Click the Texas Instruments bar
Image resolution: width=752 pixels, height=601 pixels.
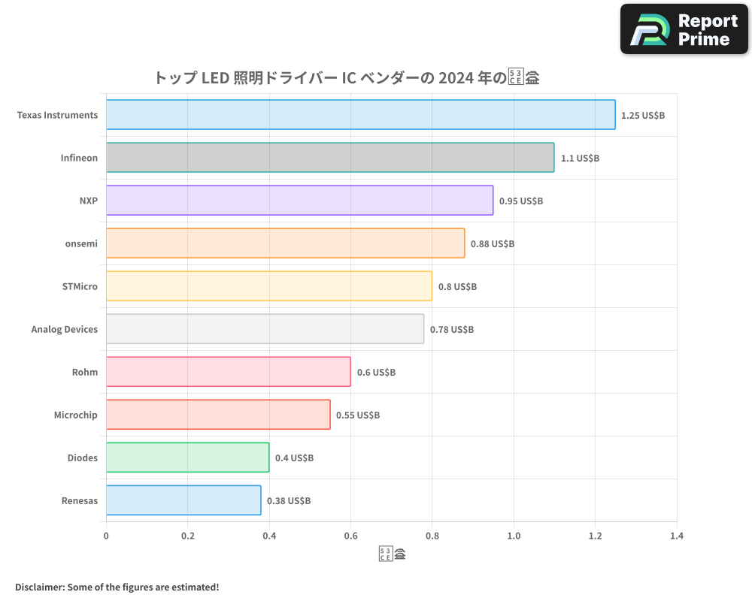(x=360, y=115)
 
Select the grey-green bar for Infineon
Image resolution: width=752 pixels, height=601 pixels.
(x=330, y=158)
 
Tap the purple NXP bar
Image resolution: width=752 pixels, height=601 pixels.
(x=299, y=201)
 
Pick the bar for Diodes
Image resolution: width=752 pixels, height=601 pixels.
(x=187, y=458)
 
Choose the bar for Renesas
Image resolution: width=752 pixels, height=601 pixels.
(x=183, y=500)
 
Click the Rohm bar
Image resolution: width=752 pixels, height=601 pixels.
(x=228, y=372)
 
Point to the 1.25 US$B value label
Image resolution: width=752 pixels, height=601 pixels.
(x=643, y=116)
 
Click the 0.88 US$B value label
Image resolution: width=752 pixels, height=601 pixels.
(x=493, y=244)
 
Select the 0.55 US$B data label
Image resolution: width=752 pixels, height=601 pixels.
(x=358, y=415)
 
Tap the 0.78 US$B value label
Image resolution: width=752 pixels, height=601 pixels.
(x=452, y=330)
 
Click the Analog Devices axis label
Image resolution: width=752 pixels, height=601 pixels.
(x=65, y=330)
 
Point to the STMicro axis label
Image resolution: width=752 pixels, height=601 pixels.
(x=80, y=287)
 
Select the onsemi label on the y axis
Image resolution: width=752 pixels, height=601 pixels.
(x=81, y=244)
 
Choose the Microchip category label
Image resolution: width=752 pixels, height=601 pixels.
(x=75, y=415)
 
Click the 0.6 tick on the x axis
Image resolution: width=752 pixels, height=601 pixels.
(x=350, y=536)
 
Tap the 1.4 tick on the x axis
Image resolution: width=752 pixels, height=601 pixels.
(x=677, y=536)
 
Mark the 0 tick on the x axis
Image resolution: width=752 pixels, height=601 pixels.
(x=106, y=536)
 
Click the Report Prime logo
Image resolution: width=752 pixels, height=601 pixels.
(x=684, y=29)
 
